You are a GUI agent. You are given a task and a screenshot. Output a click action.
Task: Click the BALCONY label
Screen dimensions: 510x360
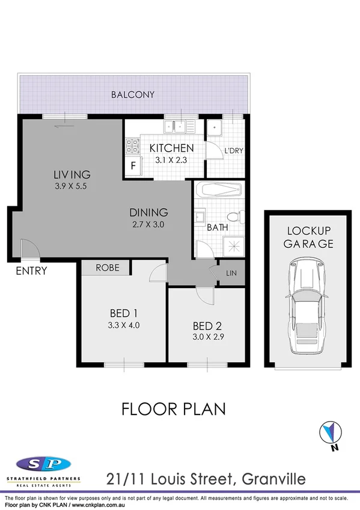133,94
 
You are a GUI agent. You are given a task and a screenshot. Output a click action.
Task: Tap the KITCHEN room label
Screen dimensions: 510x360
171,148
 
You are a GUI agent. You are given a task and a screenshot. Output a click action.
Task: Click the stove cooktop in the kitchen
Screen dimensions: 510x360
132,145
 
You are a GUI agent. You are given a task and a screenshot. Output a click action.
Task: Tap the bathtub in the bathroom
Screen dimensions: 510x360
219,191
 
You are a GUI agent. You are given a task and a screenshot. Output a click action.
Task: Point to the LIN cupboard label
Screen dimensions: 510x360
231,272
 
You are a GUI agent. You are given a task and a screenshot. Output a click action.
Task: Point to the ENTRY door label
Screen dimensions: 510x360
31,271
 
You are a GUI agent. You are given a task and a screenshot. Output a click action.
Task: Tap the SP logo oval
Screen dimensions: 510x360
43,465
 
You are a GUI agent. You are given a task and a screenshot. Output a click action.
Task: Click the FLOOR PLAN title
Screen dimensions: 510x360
174,410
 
